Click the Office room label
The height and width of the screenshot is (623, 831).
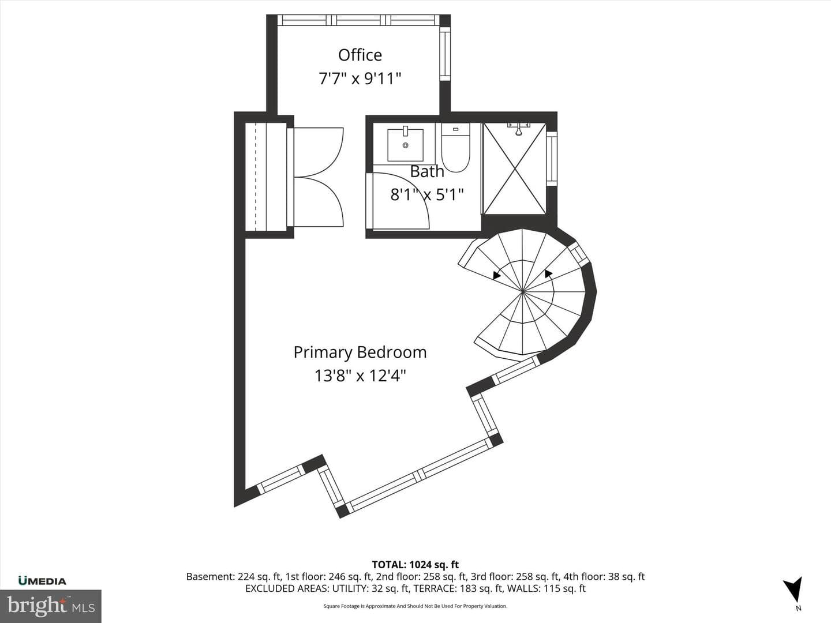(360, 55)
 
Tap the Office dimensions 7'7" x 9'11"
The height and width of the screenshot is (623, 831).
(360, 79)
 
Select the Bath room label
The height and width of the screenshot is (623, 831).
(427, 171)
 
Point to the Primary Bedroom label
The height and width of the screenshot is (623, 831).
(360, 352)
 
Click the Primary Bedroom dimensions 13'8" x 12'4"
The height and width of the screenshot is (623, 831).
(360, 376)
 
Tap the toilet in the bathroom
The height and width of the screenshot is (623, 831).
(455, 147)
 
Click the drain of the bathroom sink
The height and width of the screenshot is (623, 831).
(406, 145)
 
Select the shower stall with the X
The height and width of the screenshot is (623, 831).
(515, 168)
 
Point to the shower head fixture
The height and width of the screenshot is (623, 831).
(519, 129)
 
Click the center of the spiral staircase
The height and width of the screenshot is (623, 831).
(523, 292)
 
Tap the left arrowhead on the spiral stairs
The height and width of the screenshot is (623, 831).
(497, 276)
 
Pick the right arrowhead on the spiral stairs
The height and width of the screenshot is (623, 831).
(548, 273)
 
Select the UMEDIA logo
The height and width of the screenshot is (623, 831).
(42, 581)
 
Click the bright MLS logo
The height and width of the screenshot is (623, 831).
(51, 606)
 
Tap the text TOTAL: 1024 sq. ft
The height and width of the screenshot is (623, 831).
(415, 565)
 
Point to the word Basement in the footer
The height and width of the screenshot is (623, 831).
(210, 577)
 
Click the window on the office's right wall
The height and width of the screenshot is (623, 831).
(445, 56)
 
